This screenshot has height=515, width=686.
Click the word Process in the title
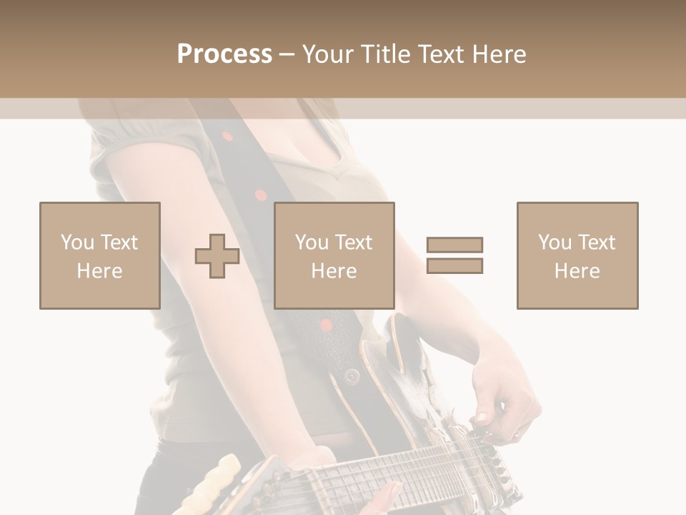pyautogui.click(x=224, y=54)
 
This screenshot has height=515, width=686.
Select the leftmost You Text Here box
pyautogui.click(x=100, y=255)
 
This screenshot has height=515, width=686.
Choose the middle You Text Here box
pyautogui.click(x=334, y=255)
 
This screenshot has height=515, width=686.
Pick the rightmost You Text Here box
pyautogui.click(x=577, y=255)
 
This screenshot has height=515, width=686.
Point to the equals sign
pyautogui.click(x=454, y=255)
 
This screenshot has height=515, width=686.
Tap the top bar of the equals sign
pyautogui.click(x=454, y=245)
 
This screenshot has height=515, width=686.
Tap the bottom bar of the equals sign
pyautogui.click(x=454, y=266)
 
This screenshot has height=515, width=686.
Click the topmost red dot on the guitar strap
pyautogui.click(x=227, y=136)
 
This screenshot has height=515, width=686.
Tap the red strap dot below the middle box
pyautogui.click(x=326, y=325)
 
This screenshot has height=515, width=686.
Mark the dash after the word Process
pyautogui.click(x=287, y=54)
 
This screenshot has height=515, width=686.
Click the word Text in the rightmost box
pyautogui.click(x=596, y=242)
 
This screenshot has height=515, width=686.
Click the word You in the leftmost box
pyautogui.click(x=77, y=242)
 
